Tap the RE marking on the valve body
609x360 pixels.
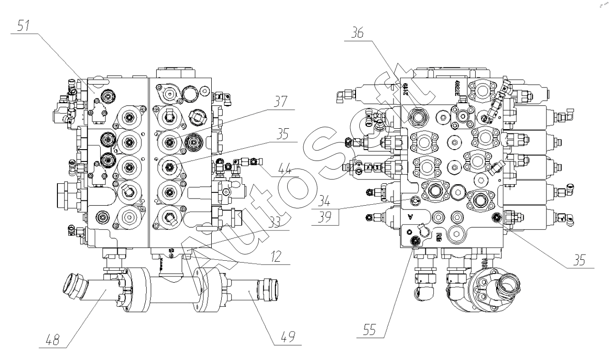439,236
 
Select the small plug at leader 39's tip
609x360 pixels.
415,200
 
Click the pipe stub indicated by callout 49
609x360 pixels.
252,289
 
